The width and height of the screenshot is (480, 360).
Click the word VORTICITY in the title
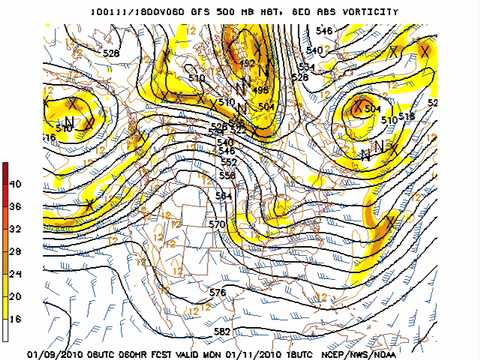click(x=364, y=12)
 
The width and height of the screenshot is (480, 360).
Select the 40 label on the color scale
click(x=15, y=185)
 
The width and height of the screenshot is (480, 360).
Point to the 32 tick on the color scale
click(x=15, y=229)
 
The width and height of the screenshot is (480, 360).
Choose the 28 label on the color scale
click(x=15, y=251)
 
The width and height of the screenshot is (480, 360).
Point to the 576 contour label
click(x=217, y=292)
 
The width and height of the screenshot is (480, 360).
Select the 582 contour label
click(x=222, y=331)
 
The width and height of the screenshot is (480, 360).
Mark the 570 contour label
click(x=216, y=225)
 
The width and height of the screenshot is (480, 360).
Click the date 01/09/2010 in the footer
click(x=55, y=353)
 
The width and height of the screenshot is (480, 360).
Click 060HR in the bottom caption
click(x=140, y=353)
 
